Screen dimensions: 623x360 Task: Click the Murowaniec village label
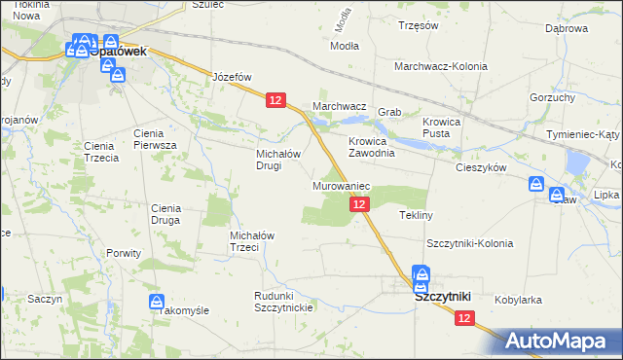(x=339, y=185)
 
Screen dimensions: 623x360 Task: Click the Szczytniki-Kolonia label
(x=469, y=242)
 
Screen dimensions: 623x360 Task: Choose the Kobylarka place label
(x=518, y=300)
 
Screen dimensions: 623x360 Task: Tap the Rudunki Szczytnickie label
(x=282, y=302)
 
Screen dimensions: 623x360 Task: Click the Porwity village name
(x=125, y=253)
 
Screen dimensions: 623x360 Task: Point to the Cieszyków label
(x=482, y=167)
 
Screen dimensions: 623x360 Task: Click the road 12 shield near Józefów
(x=275, y=100)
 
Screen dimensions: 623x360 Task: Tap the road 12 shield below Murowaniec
(x=359, y=203)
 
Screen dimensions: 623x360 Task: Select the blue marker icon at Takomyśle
(x=156, y=302)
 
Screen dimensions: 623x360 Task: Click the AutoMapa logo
(x=562, y=341)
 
